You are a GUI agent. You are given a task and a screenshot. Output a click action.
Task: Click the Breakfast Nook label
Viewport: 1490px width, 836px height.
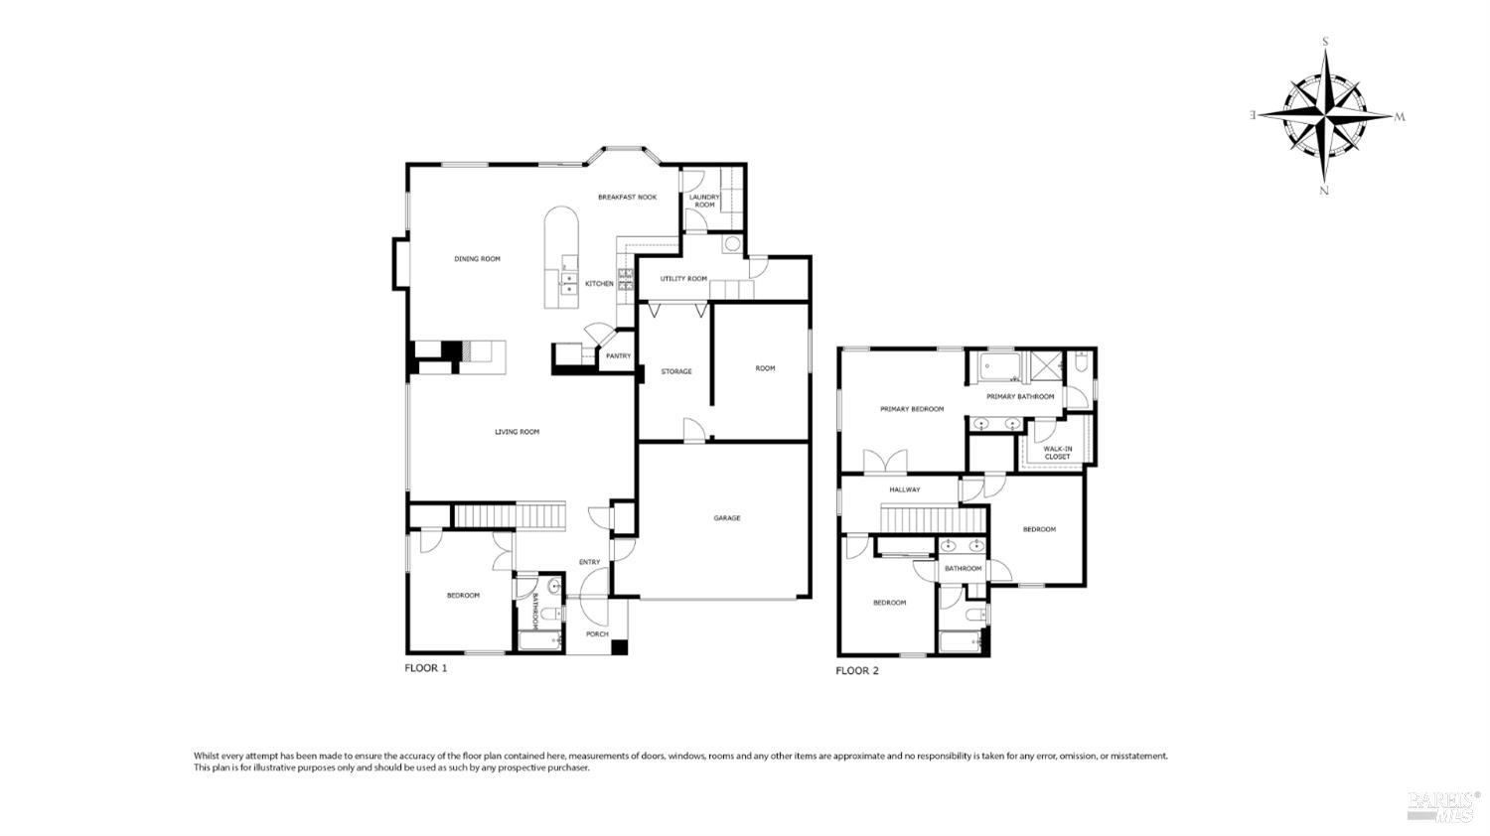pos(627,198)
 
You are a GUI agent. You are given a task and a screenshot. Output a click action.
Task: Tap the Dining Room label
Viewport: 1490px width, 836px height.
pos(477,259)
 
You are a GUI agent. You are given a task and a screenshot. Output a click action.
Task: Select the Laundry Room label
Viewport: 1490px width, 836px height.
pos(704,202)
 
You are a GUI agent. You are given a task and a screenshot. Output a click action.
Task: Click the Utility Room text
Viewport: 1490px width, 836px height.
pos(683,279)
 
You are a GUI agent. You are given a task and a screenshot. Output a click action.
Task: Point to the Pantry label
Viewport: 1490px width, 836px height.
pos(618,356)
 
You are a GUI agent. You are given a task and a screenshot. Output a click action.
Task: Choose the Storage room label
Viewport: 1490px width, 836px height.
pos(676,372)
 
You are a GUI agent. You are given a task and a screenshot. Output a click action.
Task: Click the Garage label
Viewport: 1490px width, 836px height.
pos(726,518)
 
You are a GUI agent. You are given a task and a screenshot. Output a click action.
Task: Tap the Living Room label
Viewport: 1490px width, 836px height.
pos(517,432)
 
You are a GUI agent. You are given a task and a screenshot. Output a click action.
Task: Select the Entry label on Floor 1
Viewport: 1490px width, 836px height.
pos(589,563)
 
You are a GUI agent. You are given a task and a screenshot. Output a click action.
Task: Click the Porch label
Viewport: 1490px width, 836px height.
pos(596,634)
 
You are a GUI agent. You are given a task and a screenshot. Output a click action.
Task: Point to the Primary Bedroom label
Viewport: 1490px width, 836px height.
pos(911,409)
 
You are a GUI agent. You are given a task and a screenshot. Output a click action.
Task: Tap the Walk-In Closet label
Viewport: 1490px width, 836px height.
pos(1057,453)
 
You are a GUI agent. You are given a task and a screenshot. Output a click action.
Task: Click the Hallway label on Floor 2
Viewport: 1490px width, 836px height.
pos(904,490)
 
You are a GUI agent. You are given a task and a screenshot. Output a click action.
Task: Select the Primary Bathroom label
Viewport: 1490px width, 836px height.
pos(1020,397)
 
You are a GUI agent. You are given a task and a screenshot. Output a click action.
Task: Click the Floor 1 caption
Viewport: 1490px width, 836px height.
pos(425,669)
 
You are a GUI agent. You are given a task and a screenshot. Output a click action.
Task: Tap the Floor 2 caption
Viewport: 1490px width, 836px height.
pos(856,671)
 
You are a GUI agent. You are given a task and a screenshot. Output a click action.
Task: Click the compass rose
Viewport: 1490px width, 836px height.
pos(1325,116)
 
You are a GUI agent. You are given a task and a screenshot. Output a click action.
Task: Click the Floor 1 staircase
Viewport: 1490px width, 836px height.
pos(509,516)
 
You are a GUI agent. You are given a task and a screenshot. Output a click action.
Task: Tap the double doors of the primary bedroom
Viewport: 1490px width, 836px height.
pos(884,462)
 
